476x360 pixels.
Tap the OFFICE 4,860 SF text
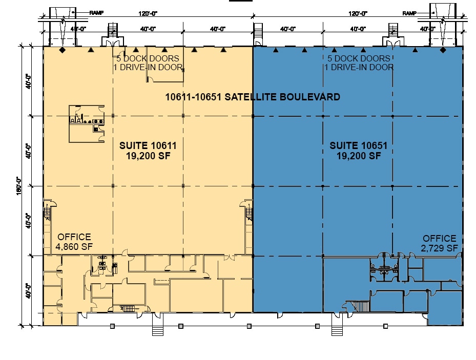(x=74, y=242)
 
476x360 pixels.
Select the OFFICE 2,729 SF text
(x=439, y=243)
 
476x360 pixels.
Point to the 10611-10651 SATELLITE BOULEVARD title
(x=253, y=97)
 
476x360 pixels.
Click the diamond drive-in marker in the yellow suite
(x=62, y=50)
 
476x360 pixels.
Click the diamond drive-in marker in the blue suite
(x=443, y=50)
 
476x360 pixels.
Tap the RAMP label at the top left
(x=96, y=13)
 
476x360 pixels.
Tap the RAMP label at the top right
(x=409, y=13)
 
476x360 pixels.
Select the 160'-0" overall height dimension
(x=19, y=186)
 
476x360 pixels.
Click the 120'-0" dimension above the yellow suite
(x=148, y=13)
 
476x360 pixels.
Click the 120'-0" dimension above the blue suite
(x=358, y=13)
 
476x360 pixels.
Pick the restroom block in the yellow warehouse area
(x=87, y=124)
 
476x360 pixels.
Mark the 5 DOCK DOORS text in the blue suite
(x=359, y=58)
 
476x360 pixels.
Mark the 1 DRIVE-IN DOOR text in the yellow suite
(x=148, y=67)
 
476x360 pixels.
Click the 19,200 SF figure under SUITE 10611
(x=148, y=156)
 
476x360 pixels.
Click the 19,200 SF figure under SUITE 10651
(x=359, y=156)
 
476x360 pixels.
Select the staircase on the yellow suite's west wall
(x=47, y=210)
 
